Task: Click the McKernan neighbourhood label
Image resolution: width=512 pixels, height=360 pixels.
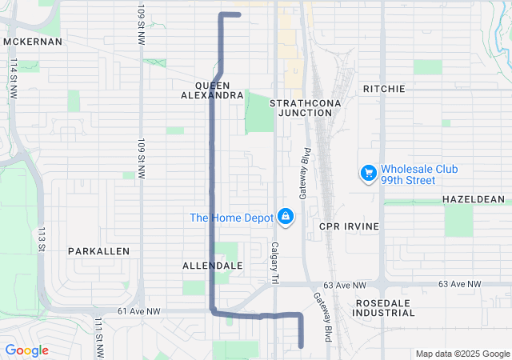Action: pyautogui.click(x=33, y=42)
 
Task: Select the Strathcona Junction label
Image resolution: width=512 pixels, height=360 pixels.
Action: pyautogui.click(x=301, y=108)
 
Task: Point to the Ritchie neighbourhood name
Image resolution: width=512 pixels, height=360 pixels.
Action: pyautogui.click(x=384, y=89)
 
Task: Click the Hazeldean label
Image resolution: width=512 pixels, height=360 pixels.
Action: pyautogui.click(x=473, y=199)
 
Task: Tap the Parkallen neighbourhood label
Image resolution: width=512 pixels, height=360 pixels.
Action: pyautogui.click(x=98, y=251)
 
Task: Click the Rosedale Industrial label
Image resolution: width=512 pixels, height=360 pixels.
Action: pyautogui.click(x=384, y=308)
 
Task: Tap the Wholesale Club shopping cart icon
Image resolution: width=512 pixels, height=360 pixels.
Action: pyautogui.click(x=368, y=173)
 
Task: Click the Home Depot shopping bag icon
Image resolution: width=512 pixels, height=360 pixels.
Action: pyautogui.click(x=285, y=216)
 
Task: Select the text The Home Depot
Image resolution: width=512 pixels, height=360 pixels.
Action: pyautogui.click(x=231, y=218)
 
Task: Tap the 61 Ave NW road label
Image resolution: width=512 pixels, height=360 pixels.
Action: pyautogui.click(x=139, y=311)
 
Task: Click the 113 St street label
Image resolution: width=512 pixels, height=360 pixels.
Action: pyautogui.click(x=41, y=238)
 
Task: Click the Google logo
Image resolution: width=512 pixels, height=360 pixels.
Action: pyautogui.click(x=26, y=350)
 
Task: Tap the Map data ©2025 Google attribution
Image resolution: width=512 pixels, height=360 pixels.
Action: pyautogui.click(x=462, y=354)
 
